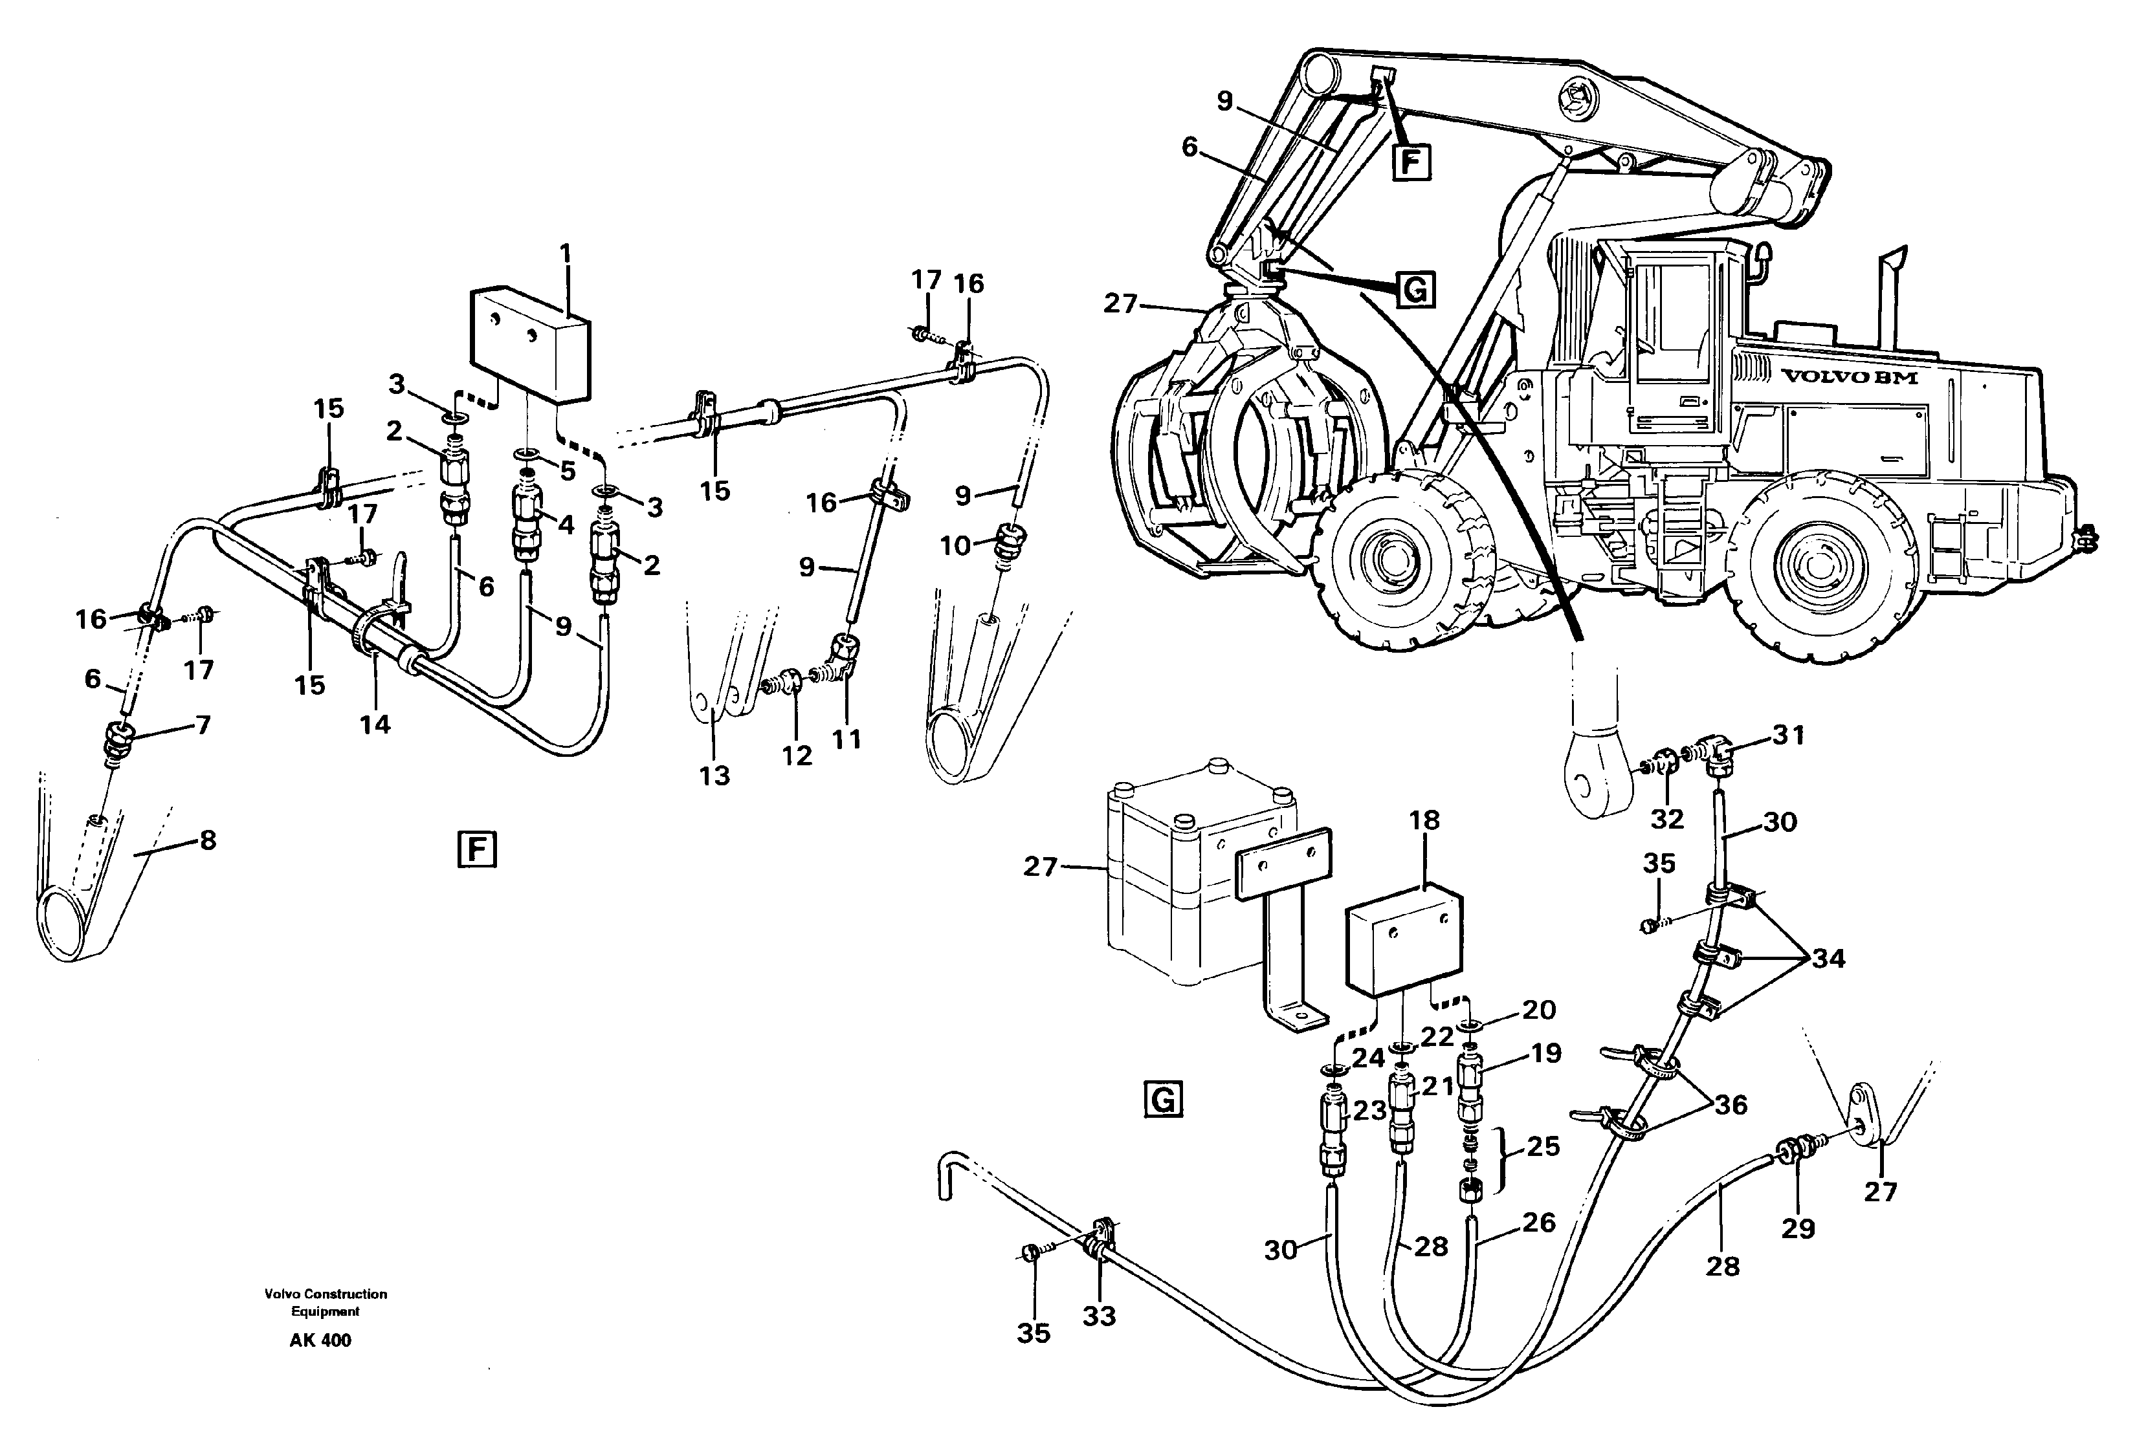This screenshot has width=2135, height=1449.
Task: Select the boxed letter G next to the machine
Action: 1416,290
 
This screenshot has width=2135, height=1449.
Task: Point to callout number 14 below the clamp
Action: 375,724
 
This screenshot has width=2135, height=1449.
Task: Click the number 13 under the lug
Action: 714,776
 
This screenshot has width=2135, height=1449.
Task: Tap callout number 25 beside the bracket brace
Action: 1543,1146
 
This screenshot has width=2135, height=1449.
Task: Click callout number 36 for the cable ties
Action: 1731,1105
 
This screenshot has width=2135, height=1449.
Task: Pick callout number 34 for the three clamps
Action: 1828,959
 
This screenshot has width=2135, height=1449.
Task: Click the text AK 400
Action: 320,1340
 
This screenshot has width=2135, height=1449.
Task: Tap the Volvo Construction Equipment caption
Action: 326,1302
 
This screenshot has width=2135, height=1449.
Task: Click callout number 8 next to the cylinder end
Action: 208,840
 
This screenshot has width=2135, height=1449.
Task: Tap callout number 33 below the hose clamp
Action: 1099,1316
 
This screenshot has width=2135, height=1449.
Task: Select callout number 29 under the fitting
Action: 1798,1228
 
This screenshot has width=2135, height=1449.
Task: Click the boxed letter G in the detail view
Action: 1162,1099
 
